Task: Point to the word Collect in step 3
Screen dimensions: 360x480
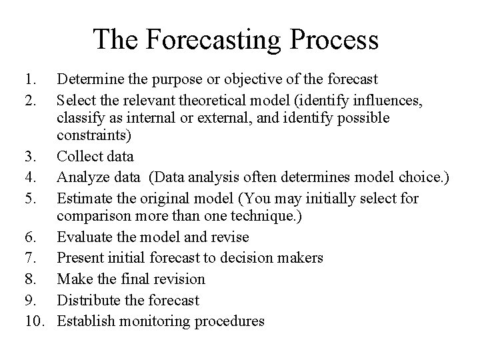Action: [x=77, y=157]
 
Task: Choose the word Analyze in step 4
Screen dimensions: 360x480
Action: [x=80, y=177]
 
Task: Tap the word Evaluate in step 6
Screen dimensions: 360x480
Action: [x=82, y=237]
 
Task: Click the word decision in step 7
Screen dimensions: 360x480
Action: [x=241, y=257]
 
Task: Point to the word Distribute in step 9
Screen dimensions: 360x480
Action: [x=87, y=300]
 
